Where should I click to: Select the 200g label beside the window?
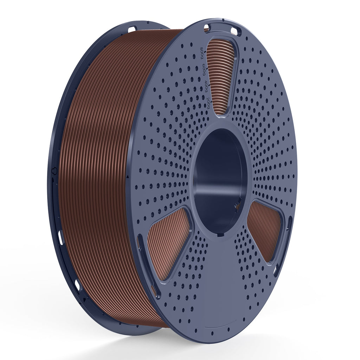[208, 102]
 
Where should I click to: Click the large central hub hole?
[220, 179]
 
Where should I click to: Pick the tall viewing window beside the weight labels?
[221, 76]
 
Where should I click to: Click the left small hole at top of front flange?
[207, 28]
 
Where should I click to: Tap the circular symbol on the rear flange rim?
[53, 171]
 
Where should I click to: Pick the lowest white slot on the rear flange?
[77, 284]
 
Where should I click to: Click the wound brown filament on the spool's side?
[102, 176]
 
